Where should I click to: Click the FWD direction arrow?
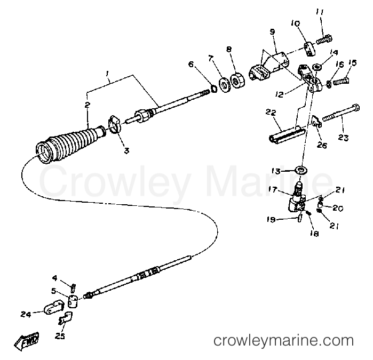[27, 341]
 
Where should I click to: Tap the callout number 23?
[343, 138]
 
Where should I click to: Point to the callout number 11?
[320, 12]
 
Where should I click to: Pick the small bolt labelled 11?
[324, 39]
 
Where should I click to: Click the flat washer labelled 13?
[301, 170]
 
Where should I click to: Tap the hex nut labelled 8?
[237, 81]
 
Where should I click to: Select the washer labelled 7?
[224, 84]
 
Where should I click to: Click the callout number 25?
[60, 336]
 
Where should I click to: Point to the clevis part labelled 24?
[54, 307]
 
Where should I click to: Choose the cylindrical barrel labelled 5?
[73, 301]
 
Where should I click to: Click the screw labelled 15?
[342, 81]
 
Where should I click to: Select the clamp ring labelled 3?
[115, 124]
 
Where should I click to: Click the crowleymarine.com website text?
[283, 341]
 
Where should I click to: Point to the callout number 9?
[272, 32]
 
